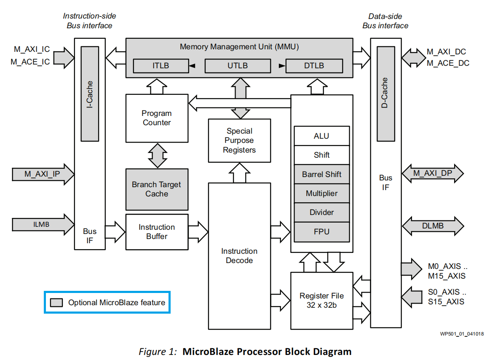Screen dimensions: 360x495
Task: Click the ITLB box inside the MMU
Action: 160,66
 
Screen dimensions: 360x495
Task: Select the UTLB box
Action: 238,66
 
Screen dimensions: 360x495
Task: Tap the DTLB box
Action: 314,66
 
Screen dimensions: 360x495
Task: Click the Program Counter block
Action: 157,118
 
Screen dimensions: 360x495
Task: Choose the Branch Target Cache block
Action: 157,189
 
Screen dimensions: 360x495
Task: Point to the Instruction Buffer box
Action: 157,232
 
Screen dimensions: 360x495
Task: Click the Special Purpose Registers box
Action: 239,140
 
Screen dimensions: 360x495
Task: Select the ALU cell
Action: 321,136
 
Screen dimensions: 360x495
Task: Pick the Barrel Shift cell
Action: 321,175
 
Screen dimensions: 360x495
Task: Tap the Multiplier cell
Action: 321,193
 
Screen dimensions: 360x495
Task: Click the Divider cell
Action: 321,212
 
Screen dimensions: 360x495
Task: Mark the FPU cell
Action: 321,231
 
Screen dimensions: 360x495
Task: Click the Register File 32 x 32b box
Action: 321,300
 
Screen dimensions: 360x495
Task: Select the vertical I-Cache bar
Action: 89,94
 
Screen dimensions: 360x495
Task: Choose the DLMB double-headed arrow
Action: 433,226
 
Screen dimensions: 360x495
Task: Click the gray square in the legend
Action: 56,303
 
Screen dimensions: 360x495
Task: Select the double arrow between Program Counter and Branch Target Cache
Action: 157,155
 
